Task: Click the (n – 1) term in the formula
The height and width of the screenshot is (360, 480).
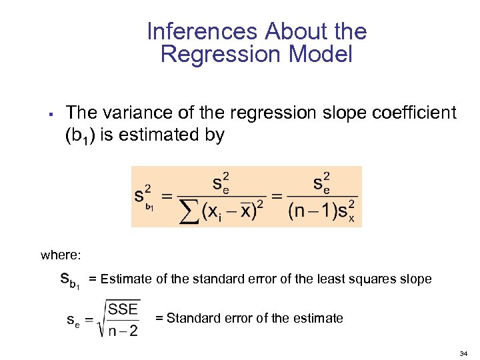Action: coord(313,210)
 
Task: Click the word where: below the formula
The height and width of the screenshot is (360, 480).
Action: coord(61,255)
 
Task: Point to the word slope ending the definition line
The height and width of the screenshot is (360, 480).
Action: coord(415,279)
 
